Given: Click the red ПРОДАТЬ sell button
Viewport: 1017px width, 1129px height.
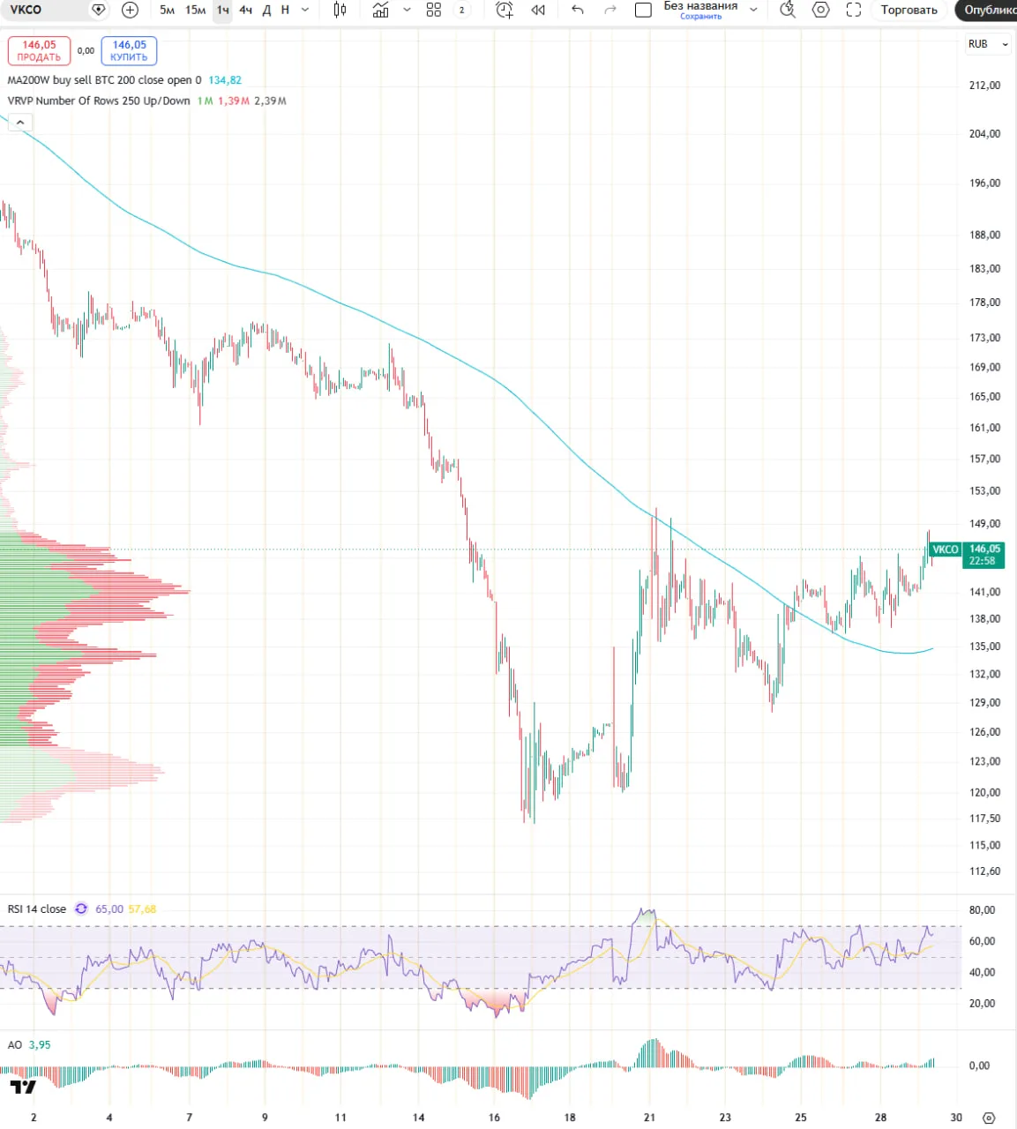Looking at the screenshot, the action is (x=39, y=50).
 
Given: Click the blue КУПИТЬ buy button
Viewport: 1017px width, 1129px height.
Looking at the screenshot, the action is (x=129, y=50).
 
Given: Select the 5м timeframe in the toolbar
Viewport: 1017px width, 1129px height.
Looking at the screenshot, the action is (x=167, y=10).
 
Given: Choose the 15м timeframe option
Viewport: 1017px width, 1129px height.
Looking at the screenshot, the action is (x=195, y=10).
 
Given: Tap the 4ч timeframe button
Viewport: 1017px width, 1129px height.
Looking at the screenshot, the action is (x=245, y=10).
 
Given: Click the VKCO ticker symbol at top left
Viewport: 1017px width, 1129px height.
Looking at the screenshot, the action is (x=26, y=10).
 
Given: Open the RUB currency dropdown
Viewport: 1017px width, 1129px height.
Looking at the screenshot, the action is (x=988, y=44).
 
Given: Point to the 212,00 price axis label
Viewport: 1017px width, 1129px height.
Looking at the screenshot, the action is (x=984, y=86).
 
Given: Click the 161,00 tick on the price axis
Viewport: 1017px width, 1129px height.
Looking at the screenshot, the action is (x=984, y=428).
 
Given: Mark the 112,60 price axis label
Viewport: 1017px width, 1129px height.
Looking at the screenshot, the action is (x=984, y=871).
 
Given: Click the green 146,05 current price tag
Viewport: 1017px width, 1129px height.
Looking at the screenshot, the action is (x=983, y=555).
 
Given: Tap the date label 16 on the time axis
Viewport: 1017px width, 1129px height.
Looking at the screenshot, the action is (x=494, y=1118).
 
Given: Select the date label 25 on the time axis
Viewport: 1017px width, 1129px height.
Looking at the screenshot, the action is (x=800, y=1118).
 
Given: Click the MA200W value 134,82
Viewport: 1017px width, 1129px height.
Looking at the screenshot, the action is (x=225, y=80).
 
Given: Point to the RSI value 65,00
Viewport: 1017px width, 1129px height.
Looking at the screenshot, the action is (x=109, y=909).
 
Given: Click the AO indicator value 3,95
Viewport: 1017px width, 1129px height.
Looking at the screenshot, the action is (x=40, y=1045).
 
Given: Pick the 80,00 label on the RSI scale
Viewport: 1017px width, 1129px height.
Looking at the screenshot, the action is (x=982, y=910).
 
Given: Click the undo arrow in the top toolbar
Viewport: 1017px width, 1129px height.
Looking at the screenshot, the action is (x=577, y=10).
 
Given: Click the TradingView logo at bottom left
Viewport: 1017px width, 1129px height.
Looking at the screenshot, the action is (x=23, y=1087).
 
